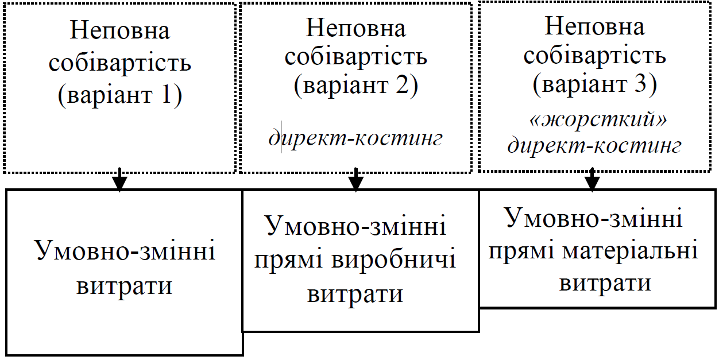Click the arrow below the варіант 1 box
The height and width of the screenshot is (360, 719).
(119, 180)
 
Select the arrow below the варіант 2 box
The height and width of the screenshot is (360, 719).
(356, 180)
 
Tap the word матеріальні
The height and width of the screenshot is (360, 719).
(631, 251)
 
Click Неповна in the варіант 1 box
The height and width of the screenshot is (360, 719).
(119, 30)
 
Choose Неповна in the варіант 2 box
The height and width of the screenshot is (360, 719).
(356, 28)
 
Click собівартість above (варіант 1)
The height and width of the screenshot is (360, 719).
(119, 63)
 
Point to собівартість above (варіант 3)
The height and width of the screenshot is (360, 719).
(594, 56)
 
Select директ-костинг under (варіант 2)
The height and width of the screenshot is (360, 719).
(356, 139)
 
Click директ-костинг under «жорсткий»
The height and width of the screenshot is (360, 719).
(594, 146)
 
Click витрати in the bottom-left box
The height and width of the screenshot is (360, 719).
(124, 285)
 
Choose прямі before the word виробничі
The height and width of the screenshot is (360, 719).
(289, 261)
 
